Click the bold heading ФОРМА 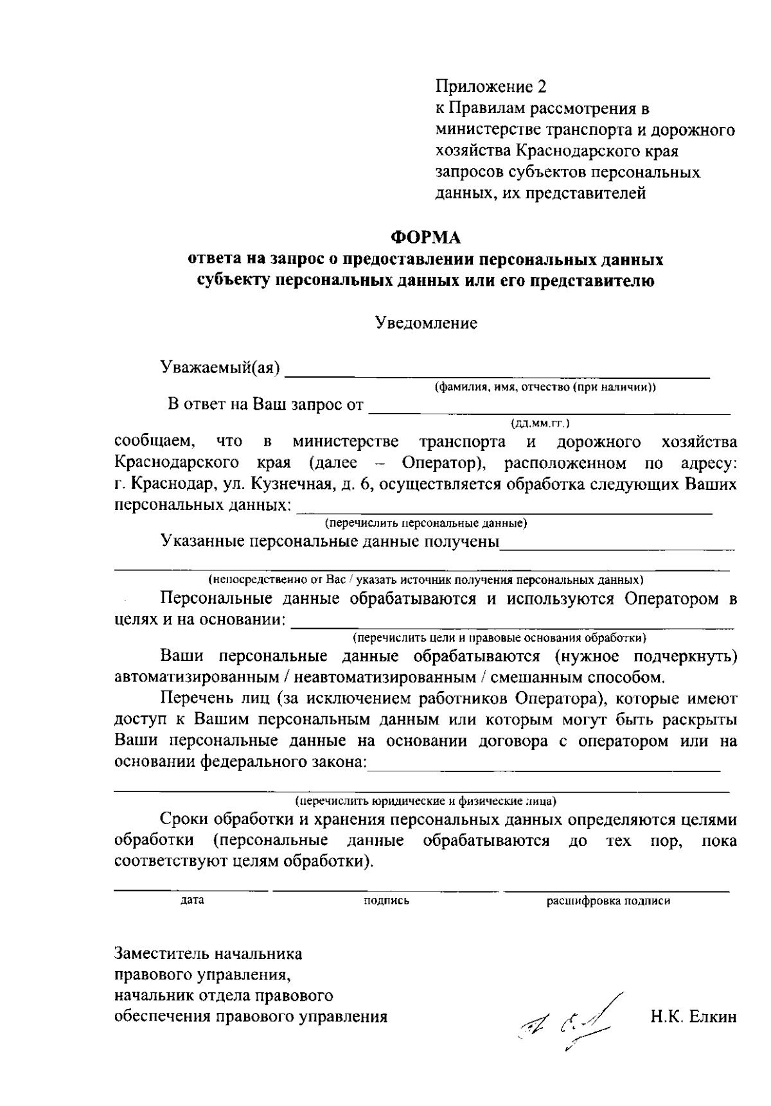427,238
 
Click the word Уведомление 426,323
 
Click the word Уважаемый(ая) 220,367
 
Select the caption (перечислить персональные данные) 425,523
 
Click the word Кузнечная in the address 298,484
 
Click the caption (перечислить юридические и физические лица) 425,801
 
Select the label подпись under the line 386,900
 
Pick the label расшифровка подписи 608,900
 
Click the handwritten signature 565,1020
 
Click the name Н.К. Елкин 693,1017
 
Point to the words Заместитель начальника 208,954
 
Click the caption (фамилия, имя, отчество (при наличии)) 545,387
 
